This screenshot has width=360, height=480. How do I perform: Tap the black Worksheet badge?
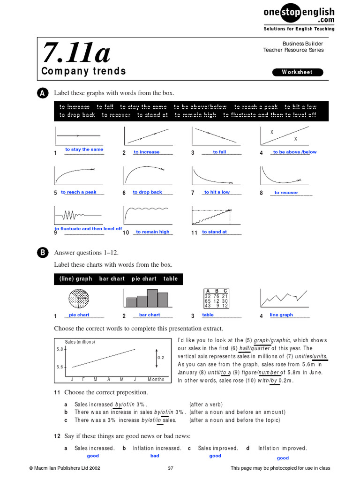(x=298, y=72)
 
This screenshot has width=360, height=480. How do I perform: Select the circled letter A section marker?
(x=41, y=93)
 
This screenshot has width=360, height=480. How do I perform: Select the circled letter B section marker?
(x=41, y=253)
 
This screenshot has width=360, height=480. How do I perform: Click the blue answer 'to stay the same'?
(x=84, y=150)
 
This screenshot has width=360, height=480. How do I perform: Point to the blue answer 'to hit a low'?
(x=217, y=192)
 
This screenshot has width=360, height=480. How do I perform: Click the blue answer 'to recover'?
(x=286, y=193)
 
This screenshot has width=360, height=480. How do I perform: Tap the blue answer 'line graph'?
(x=281, y=315)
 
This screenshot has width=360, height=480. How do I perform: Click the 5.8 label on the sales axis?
(x=60, y=349)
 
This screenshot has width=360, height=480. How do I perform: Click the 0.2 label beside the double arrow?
(x=161, y=357)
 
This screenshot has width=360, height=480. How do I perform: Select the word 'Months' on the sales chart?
(x=156, y=379)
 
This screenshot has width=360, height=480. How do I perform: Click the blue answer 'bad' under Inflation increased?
(x=155, y=456)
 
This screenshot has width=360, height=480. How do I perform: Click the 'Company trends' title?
(x=84, y=71)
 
